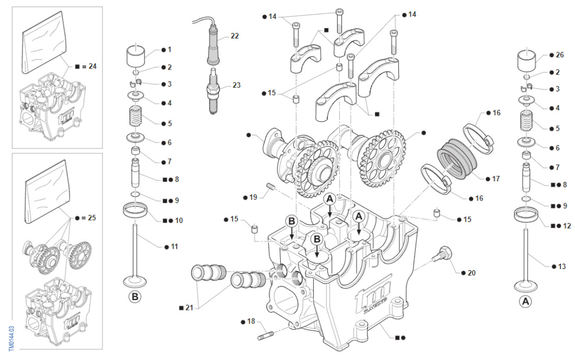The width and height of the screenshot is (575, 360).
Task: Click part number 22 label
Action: click(x=235, y=36)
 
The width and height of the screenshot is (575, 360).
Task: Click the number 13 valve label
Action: click(x=562, y=266)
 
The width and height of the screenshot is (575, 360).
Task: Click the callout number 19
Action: click(x=253, y=197)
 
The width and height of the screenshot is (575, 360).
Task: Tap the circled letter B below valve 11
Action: click(x=135, y=297)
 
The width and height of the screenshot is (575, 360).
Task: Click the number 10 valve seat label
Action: click(x=178, y=220)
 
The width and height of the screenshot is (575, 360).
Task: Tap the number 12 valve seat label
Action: click(x=567, y=226)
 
